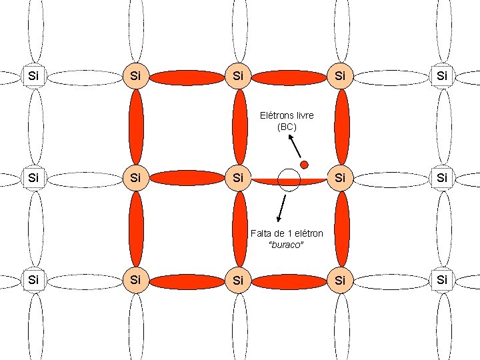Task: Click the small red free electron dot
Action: point(303,164)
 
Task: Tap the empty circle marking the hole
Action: point(289,180)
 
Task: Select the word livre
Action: point(305,115)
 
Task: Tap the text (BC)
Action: point(287,126)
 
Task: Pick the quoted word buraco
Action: point(287,245)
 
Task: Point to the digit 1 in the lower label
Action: point(291,233)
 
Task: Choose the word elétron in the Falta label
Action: point(309,233)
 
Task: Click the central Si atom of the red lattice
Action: point(238,179)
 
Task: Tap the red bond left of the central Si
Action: point(187,177)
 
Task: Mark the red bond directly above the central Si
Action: point(239,127)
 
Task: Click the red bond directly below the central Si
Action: point(239,229)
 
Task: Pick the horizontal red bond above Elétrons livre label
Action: point(289,77)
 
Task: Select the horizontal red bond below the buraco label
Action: point(289,281)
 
